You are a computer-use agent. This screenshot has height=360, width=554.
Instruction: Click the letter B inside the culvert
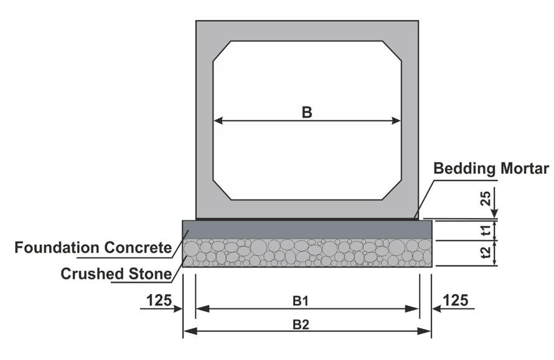306,112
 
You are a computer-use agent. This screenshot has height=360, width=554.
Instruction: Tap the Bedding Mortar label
491,169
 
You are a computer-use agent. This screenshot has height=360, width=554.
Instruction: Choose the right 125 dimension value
457,300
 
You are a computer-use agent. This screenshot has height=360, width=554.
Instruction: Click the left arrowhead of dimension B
218,121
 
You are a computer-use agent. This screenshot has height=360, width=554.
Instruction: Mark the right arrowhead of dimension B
397,121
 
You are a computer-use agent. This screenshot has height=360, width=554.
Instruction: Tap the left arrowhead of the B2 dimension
188,330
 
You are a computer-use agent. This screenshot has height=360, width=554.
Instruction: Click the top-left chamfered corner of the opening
222,50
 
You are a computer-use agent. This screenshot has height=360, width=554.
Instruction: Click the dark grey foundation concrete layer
307,230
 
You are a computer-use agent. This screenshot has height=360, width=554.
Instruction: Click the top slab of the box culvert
307,31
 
